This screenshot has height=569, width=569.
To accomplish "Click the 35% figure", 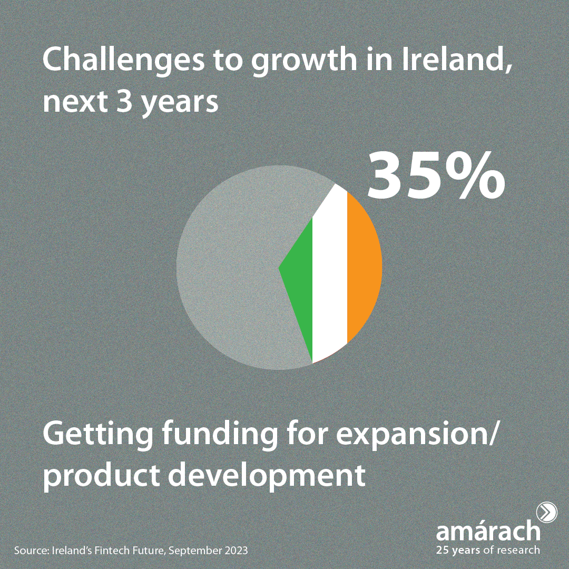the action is coord(436,175).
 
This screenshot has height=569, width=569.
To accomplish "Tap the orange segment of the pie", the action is coord(363,268).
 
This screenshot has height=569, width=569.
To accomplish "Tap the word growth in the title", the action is coord(304,62).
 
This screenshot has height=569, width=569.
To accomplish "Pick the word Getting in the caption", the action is coord(97,435).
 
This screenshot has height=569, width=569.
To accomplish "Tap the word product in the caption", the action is coord(101,476).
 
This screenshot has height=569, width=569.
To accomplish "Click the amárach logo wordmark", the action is coord(488,531).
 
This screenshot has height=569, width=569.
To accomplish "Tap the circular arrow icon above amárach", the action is coord(546,513).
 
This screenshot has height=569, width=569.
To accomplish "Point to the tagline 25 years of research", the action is coord(488,550).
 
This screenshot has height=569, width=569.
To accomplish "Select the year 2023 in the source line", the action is coord(236,551).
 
